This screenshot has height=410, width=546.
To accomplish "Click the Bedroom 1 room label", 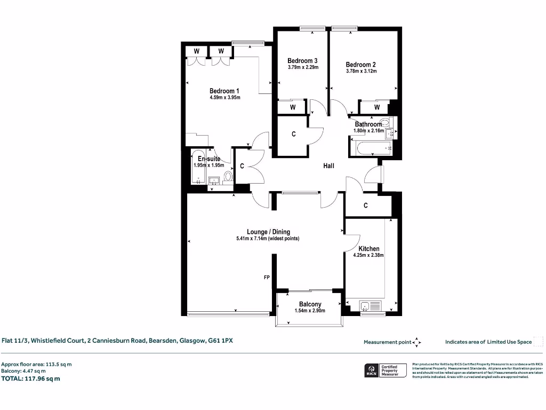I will (224, 91).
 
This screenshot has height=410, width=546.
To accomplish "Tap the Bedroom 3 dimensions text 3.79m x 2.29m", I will (302, 68).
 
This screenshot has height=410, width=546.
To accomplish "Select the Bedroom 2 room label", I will (361, 64).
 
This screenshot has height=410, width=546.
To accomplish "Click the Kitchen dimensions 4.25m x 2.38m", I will (368, 255).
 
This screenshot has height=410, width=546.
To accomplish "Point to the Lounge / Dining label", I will (268, 232).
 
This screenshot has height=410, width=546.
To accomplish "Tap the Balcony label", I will (310, 304).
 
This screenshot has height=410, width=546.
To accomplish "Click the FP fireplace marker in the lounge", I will (267, 278).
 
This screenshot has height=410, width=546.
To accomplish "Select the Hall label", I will (328, 166).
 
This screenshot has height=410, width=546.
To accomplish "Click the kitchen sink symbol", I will (366, 306).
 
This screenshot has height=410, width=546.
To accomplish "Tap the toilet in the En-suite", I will (228, 176).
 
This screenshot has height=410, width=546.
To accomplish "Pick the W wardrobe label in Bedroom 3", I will (293, 107).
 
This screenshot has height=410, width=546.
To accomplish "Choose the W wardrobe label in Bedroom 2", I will (377, 107).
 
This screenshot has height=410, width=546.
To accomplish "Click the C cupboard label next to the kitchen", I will (366, 205).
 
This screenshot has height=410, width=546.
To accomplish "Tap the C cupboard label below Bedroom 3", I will (293, 135).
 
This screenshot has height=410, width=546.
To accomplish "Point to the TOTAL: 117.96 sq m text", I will (31, 379).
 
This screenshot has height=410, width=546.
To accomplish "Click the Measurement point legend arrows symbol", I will (417, 342).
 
